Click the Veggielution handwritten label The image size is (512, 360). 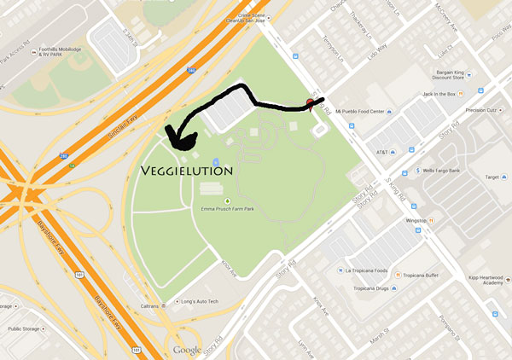pos(188,171)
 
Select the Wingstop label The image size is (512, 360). pos(416,219)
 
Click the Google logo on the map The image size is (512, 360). pos(187,350)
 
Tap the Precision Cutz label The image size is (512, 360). pos(480,110)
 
